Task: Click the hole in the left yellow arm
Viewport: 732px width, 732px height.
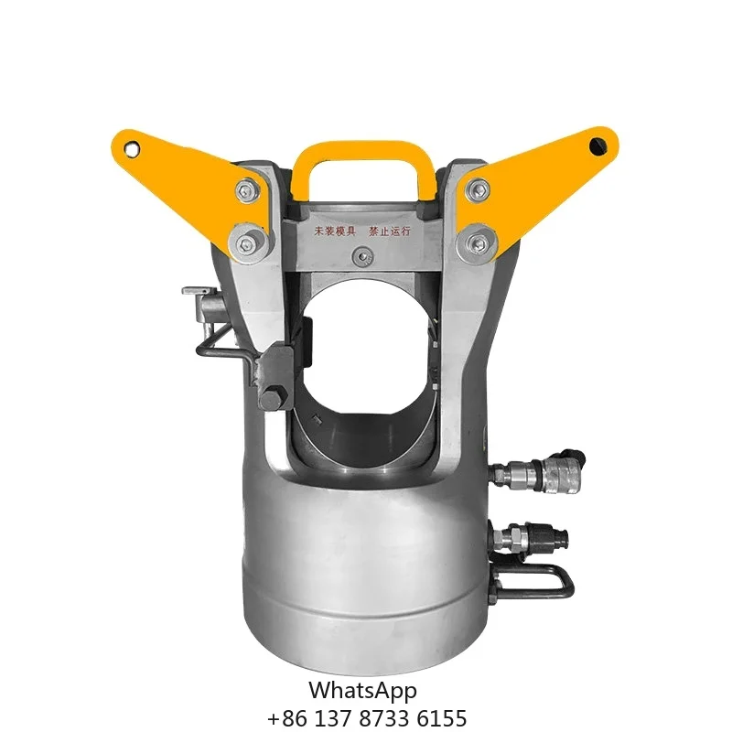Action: point(134,146)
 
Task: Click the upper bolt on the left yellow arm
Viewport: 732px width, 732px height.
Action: point(246,190)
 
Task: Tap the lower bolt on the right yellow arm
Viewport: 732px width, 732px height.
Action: point(477,241)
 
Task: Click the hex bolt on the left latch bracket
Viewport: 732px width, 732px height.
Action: point(272,399)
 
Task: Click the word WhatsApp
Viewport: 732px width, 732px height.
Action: point(362,690)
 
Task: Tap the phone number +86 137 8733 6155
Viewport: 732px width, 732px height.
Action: point(366,717)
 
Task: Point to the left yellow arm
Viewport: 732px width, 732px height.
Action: point(188,174)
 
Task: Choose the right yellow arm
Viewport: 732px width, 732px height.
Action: point(540,174)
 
